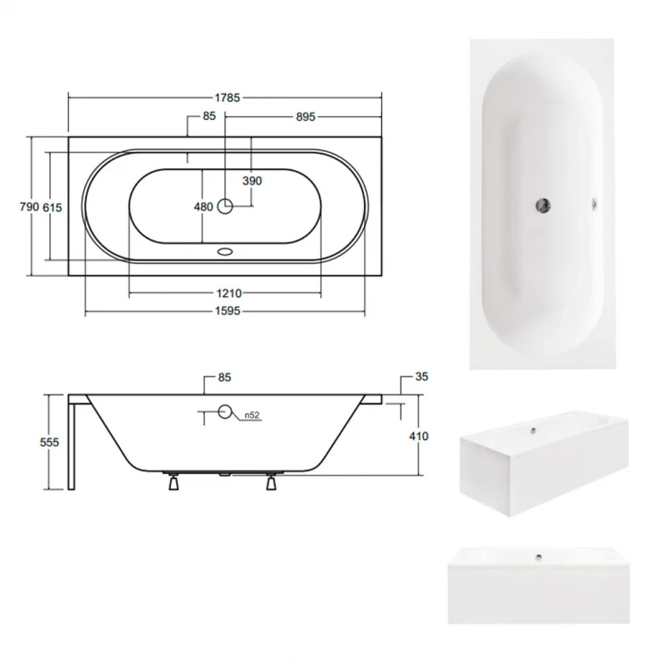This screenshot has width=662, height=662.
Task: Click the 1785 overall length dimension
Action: click(x=227, y=98)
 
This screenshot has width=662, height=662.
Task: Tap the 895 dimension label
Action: click(x=305, y=117)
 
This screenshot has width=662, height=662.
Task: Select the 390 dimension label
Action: click(x=252, y=181)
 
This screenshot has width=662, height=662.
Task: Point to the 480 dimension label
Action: click(x=203, y=207)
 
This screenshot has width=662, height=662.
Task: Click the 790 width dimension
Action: click(x=30, y=207)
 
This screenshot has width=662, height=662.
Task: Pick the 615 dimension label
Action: click(x=53, y=208)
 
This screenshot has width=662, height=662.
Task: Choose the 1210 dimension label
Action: click(x=229, y=293)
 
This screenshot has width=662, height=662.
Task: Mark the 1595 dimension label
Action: click(x=227, y=311)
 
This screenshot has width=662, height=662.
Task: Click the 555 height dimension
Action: click(x=49, y=443)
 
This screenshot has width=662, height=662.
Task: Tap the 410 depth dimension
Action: click(x=419, y=437)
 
